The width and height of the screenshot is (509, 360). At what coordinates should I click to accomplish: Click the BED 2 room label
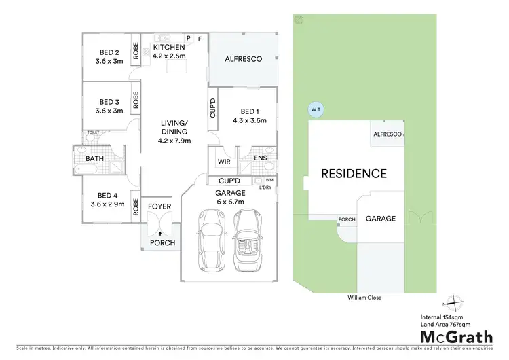pos(109,53)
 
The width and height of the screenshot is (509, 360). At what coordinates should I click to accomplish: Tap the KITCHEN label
pos(168,47)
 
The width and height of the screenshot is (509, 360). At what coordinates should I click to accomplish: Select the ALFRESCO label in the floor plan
pos(243,60)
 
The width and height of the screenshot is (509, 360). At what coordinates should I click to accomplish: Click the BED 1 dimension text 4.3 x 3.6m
pos(250,120)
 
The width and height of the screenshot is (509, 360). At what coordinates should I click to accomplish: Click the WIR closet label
pos(223,162)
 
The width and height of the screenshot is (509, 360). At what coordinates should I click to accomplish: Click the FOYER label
pos(159,206)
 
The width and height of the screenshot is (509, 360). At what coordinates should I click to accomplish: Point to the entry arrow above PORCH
pos(160,232)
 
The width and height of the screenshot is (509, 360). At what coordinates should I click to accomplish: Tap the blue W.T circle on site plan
pos(316,109)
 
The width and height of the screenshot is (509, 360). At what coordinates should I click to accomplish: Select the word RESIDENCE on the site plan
pos(354,173)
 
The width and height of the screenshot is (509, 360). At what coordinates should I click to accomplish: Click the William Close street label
pos(360,297)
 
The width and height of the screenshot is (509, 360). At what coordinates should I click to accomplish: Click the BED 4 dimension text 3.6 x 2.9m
pos(109,202)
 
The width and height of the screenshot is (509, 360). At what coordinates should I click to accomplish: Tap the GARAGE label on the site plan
pos(381,219)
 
